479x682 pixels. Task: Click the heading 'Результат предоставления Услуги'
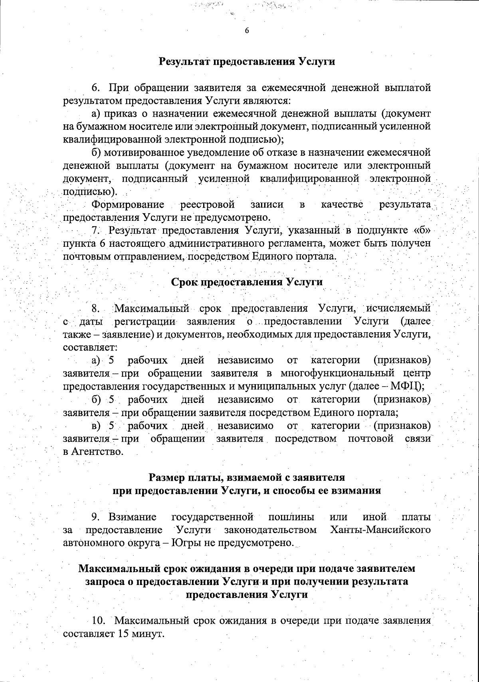[247, 62]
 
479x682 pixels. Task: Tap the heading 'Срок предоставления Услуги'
[247, 282]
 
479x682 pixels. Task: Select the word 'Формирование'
[128, 205]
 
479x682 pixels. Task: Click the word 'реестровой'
[207, 205]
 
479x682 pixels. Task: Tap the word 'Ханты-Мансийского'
[380, 530]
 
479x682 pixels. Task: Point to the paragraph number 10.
[98, 621]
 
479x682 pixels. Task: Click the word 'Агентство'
[97, 452]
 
